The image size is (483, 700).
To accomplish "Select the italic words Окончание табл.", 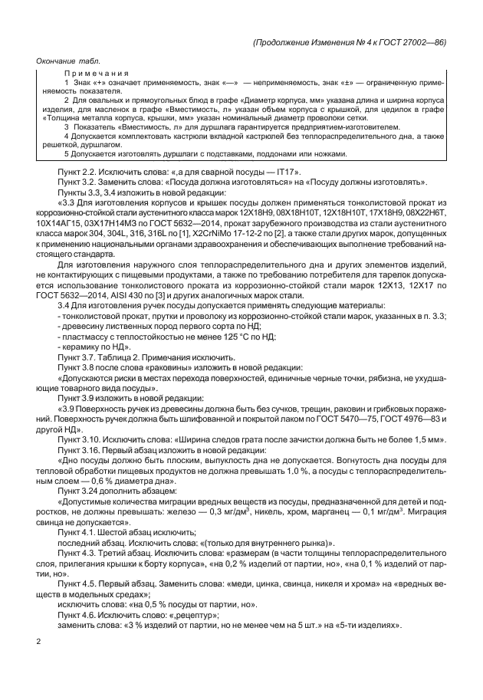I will point(68,61).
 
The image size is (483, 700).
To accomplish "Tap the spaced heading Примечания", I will point(92,71).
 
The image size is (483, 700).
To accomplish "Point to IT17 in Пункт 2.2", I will point(284,171).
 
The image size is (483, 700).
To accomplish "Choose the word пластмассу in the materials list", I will point(84,337).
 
